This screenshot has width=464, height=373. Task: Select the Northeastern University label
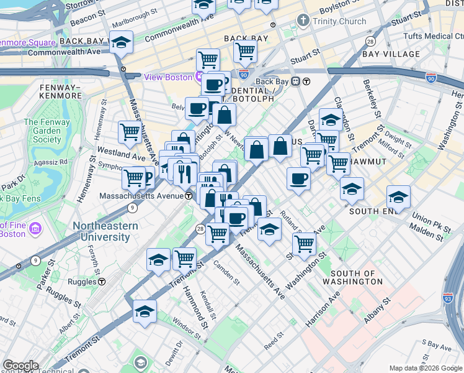point(105,231)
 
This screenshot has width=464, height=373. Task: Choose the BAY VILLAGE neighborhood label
point(391,54)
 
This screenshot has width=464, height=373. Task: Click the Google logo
point(20,366)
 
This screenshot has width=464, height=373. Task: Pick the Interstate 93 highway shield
point(448,298)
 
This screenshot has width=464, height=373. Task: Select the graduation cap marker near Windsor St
point(145,312)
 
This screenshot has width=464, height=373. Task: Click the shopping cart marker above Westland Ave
point(130,132)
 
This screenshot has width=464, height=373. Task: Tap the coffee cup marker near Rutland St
point(298,180)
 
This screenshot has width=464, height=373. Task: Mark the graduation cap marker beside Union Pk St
point(398,198)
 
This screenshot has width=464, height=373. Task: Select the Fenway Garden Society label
point(47,131)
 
